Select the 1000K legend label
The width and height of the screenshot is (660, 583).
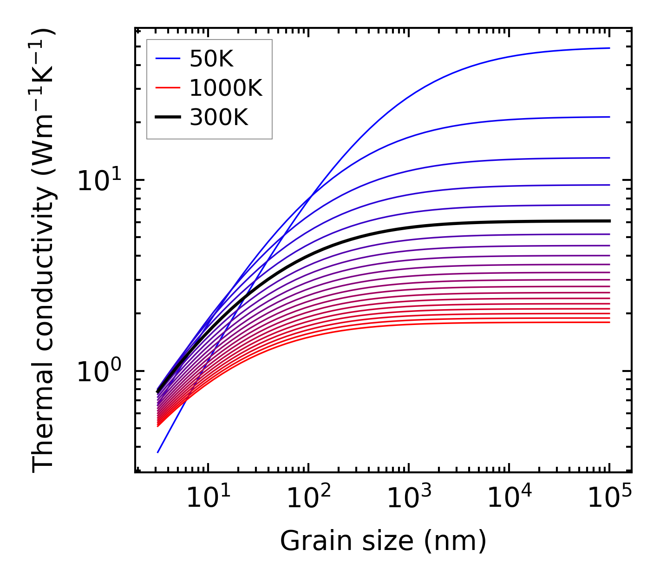coord(226,88)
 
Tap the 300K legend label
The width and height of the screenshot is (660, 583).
coord(219,118)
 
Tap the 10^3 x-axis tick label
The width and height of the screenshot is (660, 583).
coord(409,498)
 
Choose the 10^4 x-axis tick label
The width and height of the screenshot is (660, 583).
coord(509,498)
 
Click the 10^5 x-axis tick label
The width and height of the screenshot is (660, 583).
coord(609,498)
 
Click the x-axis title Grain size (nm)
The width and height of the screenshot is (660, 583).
coord(383,541)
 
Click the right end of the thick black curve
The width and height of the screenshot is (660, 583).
coord(609,221)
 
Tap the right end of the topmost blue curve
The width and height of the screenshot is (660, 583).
coord(609,48)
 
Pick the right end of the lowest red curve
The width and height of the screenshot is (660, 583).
coord(609,322)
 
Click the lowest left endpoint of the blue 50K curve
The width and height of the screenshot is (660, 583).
coord(158,452)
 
